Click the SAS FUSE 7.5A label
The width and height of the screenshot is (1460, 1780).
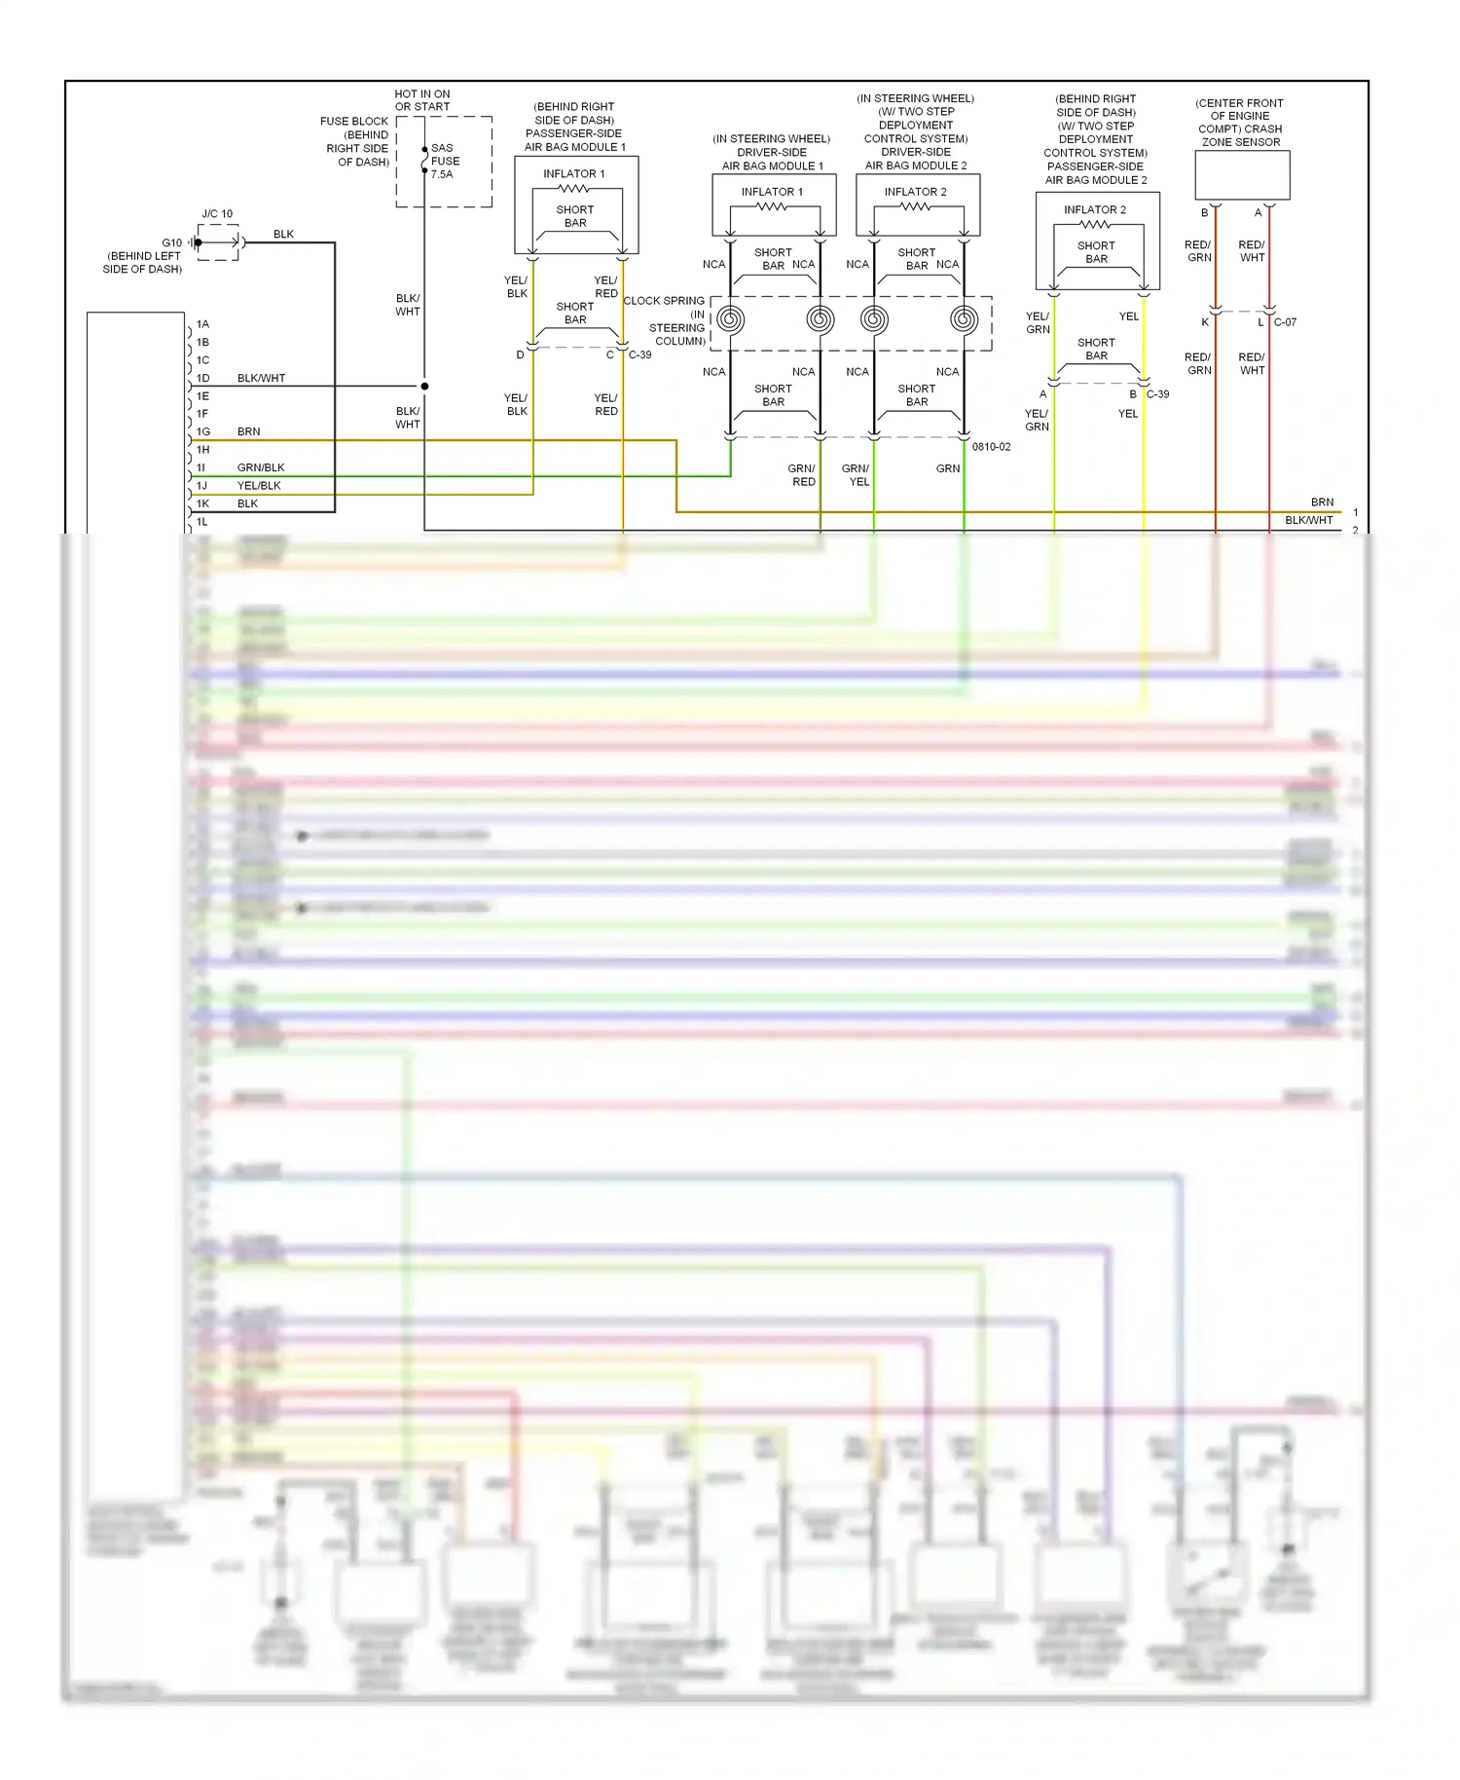(445, 162)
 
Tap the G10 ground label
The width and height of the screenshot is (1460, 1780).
(171, 242)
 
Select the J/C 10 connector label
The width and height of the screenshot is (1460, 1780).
(217, 213)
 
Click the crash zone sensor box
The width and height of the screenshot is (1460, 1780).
(1242, 176)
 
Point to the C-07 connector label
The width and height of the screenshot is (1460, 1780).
(1285, 322)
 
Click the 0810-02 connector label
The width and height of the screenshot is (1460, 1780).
(991, 447)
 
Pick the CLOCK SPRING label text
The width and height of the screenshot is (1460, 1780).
(664, 301)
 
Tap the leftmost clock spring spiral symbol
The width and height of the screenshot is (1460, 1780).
(731, 319)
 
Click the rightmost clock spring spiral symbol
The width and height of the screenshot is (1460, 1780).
(964, 319)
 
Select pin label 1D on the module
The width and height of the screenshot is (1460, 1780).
(202, 378)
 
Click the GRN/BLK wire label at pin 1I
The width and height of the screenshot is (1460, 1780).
(261, 467)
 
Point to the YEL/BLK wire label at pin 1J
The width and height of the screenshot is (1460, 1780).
(259, 486)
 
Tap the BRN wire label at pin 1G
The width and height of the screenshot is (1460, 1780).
(248, 431)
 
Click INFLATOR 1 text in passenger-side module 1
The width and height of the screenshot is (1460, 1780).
(574, 173)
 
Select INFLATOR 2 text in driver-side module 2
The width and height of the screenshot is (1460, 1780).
(915, 192)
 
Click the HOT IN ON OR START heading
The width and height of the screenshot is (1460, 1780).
(422, 100)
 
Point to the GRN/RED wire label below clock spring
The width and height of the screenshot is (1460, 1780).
(803, 475)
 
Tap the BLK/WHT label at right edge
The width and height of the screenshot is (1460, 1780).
(1308, 520)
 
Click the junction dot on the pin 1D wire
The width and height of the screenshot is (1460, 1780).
(424, 387)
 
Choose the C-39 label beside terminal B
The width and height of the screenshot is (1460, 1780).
(1157, 394)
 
